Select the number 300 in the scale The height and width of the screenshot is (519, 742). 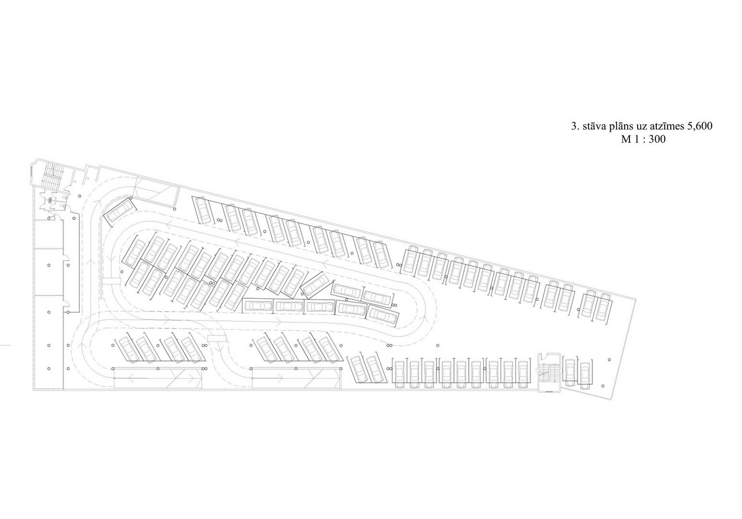click(x=657, y=139)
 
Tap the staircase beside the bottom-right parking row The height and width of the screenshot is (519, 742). click(x=549, y=373)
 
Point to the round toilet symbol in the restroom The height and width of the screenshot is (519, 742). click(x=51, y=200)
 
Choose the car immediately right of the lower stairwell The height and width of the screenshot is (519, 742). click(x=570, y=372)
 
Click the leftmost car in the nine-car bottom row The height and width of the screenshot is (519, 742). click(x=399, y=374)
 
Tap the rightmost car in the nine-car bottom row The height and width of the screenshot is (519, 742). click(x=523, y=374)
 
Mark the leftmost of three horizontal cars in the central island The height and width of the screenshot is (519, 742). click(x=258, y=305)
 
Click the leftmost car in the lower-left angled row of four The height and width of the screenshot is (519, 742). click(x=128, y=349)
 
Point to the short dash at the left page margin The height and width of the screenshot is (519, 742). click(x=5, y=345)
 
